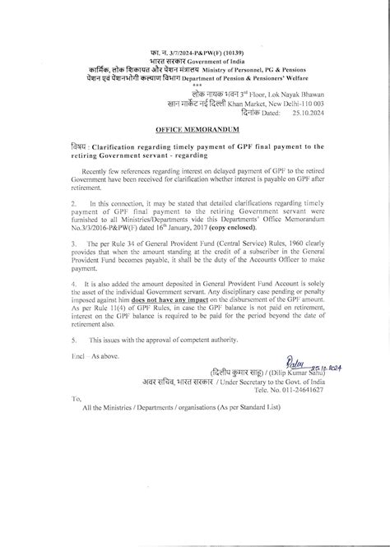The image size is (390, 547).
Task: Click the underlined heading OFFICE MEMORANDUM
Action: (195, 130)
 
